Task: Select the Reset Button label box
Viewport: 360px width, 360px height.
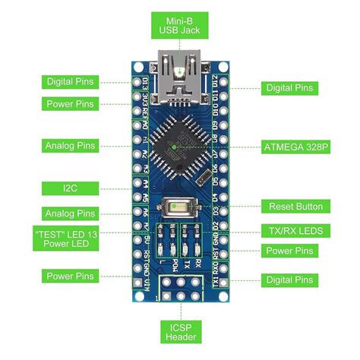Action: [x=295, y=206]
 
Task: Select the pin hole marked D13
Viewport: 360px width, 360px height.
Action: [x=138, y=81]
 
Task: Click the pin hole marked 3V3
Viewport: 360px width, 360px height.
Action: [x=138, y=96]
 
